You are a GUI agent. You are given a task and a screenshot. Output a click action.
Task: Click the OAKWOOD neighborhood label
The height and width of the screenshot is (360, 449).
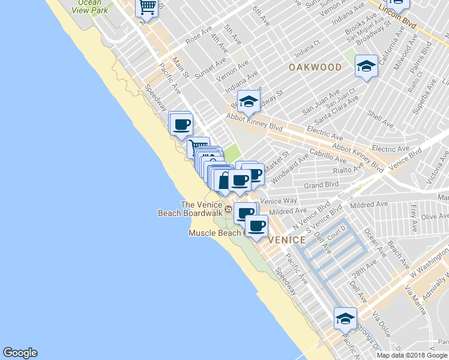(x=315, y=67)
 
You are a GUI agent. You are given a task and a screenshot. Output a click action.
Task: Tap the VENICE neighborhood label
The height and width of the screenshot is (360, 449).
(x=287, y=240)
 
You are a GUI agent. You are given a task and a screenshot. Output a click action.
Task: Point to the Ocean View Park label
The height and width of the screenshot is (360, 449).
(x=89, y=7)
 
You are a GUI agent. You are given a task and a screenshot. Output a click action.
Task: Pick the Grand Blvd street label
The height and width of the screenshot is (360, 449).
(x=322, y=185)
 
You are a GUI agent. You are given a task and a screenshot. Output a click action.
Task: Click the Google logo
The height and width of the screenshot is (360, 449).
(x=20, y=353)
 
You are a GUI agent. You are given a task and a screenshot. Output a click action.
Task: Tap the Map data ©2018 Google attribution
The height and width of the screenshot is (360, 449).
(x=412, y=355)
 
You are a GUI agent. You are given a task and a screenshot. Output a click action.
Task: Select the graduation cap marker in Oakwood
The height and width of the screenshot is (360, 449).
(x=365, y=67)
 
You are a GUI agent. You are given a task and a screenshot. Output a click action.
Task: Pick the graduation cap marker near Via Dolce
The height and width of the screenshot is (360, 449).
(x=345, y=319)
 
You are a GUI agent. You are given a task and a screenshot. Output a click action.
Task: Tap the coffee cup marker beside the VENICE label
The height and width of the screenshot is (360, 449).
(x=257, y=226)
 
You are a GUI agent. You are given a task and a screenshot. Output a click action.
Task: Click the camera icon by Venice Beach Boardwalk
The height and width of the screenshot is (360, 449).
(x=228, y=209)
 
